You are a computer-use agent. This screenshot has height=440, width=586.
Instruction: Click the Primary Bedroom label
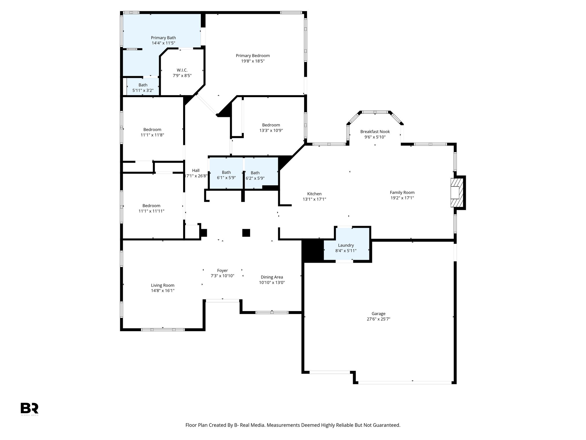pos(253,56)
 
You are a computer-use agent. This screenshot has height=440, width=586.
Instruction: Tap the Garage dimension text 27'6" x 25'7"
pos(378,319)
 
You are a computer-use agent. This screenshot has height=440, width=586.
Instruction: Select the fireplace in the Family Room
pos(456,192)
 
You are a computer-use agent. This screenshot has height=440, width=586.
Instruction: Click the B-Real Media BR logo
pos(29,408)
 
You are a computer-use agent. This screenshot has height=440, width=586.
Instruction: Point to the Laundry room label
pos(346,245)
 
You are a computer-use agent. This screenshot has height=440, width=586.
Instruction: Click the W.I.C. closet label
pos(182,70)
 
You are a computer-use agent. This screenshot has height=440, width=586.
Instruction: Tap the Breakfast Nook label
pos(375,131)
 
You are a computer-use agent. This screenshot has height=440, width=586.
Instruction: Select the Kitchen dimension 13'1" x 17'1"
pos(314,199)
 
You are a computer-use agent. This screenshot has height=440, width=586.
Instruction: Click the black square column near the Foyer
pos(246,233)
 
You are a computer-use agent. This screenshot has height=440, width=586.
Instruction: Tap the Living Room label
pos(163,285)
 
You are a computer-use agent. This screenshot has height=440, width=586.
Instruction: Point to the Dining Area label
pos(272,277)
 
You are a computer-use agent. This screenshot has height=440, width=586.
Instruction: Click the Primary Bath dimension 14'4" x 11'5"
pos(163,43)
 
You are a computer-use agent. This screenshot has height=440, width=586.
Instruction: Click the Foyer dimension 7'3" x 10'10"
pos(222,276)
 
